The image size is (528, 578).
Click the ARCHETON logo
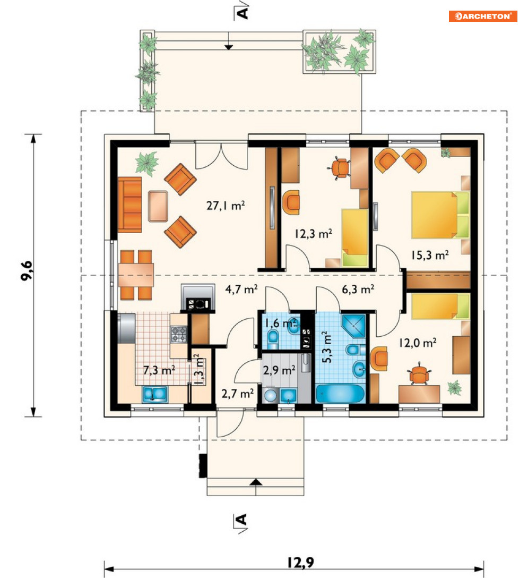click(x=483, y=16)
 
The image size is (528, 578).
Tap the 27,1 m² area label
click(x=226, y=205)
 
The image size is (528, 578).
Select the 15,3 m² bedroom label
click(x=430, y=255)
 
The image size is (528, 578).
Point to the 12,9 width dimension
click(x=300, y=563)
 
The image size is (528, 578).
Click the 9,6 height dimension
click(x=27, y=271)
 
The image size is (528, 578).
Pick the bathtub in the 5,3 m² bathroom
click(x=341, y=394)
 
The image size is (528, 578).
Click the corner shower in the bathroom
click(x=353, y=326)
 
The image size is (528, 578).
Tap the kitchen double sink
click(x=155, y=394)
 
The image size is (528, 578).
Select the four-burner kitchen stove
click(x=179, y=334)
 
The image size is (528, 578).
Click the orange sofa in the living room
click(x=129, y=205)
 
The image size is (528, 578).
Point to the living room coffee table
click(x=158, y=206)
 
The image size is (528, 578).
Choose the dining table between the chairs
click(x=136, y=275)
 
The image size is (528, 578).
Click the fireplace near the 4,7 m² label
click(x=198, y=297)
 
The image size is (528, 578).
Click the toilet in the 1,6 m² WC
click(x=273, y=339)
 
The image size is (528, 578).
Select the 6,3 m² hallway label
click(x=358, y=290)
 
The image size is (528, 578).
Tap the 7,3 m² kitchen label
click(x=159, y=370)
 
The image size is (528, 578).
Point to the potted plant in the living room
click(x=147, y=163)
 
